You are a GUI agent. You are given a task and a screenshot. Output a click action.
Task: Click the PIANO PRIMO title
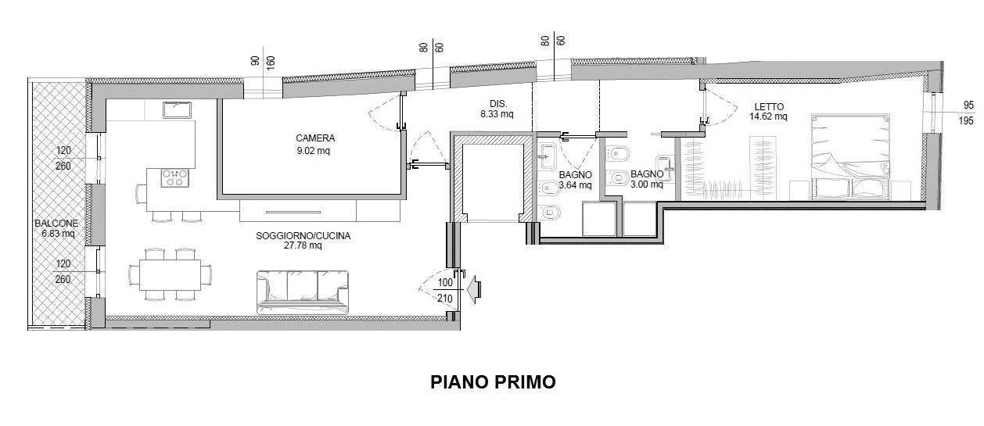coord(493,382)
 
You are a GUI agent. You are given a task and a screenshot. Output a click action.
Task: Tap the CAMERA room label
coord(315,138)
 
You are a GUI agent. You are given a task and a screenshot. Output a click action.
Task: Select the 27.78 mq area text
coord(303,245)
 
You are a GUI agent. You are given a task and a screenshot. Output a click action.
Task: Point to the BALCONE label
coord(56,223)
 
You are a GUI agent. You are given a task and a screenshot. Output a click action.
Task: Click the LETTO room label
coord(769,107)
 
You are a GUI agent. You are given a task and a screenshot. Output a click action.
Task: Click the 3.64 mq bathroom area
coord(576,185)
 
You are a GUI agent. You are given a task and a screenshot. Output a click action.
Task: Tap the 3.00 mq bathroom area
coord(647,184)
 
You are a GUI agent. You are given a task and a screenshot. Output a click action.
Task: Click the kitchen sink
coord(177,109)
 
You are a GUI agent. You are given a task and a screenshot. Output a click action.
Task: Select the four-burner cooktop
coord(175,178)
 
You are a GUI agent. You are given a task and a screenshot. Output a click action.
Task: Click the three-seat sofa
coord(303,292)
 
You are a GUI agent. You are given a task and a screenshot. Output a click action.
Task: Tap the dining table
coord(170,274)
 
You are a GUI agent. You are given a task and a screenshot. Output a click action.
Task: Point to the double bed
coord(850,157)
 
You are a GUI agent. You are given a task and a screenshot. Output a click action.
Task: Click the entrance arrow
coord(475,289)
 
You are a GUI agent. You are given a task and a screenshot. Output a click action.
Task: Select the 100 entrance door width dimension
coord(445,282)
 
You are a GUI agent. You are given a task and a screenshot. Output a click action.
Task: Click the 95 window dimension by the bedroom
coord(968,106)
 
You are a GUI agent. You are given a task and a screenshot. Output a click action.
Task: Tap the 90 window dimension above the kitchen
coord(255,61)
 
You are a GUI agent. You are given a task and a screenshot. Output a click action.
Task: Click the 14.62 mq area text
coord(768,116)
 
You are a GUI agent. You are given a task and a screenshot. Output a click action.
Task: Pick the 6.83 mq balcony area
coord(58,234)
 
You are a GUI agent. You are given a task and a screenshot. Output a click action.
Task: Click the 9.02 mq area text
coord(313,151)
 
